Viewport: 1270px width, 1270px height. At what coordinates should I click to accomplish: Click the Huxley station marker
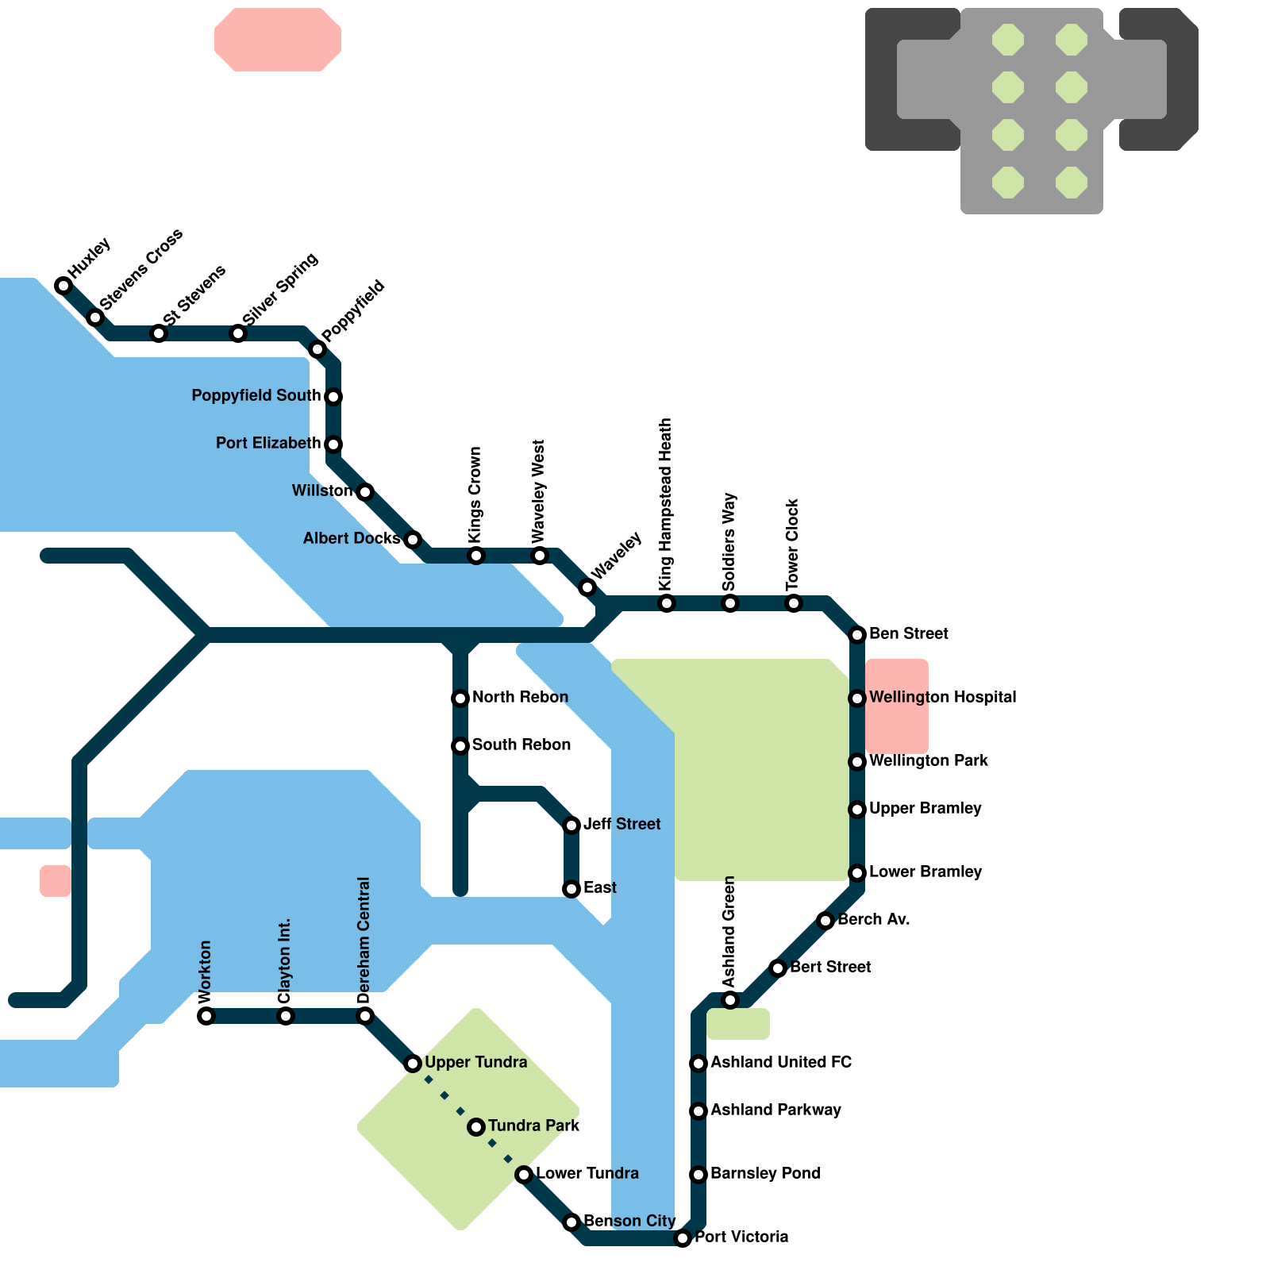(x=63, y=286)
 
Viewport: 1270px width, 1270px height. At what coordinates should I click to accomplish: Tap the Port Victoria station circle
(x=683, y=1238)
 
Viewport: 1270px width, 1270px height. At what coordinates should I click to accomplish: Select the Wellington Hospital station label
(x=942, y=698)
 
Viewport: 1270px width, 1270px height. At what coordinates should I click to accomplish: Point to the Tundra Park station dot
(x=476, y=1127)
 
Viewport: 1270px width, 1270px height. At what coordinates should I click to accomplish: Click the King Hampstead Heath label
(x=666, y=504)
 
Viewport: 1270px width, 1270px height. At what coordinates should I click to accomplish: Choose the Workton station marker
(x=206, y=1016)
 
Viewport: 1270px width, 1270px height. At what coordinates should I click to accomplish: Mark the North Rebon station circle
(x=460, y=698)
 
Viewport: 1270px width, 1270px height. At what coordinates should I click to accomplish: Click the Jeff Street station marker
(x=571, y=825)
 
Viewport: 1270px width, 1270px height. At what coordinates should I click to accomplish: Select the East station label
(x=599, y=888)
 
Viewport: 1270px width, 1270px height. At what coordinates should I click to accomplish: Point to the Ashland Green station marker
(x=730, y=1000)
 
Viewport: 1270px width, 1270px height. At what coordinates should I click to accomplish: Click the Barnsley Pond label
(x=765, y=1174)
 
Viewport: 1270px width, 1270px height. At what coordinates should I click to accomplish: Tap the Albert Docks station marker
(x=413, y=540)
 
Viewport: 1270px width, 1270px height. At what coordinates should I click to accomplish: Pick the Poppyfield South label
(x=256, y=396)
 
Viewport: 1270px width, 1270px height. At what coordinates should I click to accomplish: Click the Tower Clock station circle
(x=794, y=603)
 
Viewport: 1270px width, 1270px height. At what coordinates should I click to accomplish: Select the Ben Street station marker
(x=857, y=635)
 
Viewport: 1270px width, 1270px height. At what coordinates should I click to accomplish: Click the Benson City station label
(x=629, y=1222)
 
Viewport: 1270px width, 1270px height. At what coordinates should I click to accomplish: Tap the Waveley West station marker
(x=540, y=556)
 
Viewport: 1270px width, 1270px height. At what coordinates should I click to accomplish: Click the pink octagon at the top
(x=278, y=40)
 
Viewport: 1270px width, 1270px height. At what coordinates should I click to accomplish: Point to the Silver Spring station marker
(x=238, y=333)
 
